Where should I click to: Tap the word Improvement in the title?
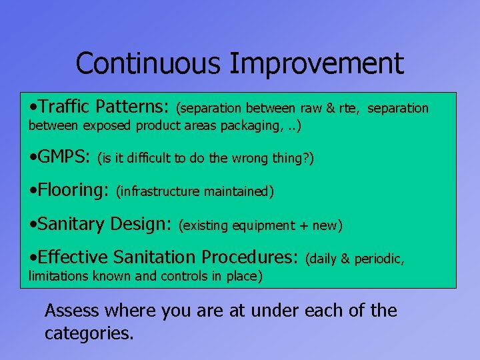coord(317,64)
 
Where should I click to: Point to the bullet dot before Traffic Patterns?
coord(33,107)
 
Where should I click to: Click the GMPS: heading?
coord(64,157)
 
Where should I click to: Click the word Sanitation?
coord(155,257)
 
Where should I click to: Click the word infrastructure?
coord(159,192)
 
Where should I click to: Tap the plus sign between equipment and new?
coord(302,226)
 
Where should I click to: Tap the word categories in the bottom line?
coord(89,333)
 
